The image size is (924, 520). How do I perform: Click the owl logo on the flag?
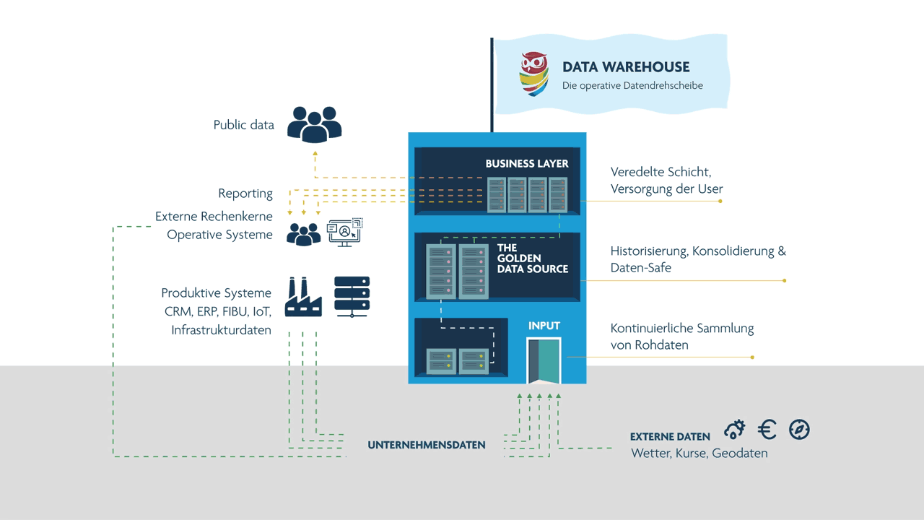534,74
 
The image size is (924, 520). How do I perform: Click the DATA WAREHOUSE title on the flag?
626,67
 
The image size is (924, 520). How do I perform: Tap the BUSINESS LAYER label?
526,164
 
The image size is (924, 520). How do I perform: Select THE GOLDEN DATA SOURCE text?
532,259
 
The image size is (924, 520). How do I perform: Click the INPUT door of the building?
544,360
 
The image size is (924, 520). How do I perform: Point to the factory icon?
303,297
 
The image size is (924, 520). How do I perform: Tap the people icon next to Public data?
314,123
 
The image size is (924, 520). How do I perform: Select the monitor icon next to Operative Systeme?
345,233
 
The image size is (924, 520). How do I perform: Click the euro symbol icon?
767,430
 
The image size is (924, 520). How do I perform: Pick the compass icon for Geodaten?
799,430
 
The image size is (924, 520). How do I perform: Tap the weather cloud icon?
735,430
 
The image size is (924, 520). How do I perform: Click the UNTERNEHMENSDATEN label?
427,446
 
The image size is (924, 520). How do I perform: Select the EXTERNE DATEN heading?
670,437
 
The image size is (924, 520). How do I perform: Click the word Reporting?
245,194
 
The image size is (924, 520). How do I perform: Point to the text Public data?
243,125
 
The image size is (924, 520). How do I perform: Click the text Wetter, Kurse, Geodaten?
699,454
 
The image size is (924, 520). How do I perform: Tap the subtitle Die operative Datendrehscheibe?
632,86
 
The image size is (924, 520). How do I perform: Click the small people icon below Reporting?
303,233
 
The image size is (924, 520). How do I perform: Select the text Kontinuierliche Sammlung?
681,328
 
